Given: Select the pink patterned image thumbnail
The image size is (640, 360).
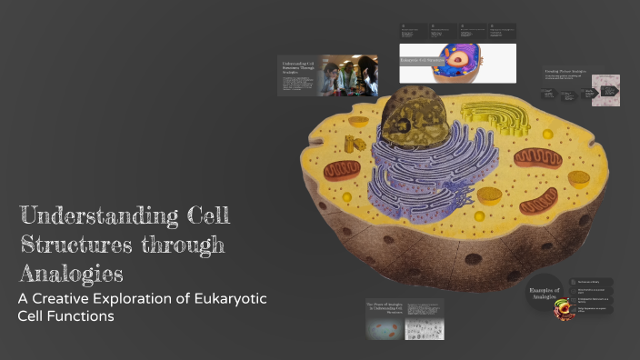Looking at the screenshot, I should coord(605,90).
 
